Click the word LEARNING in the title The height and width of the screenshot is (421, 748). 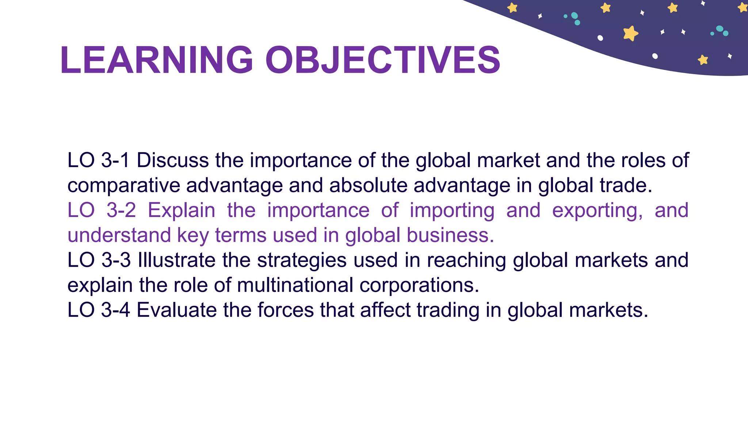156,60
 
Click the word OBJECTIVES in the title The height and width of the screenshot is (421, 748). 383,60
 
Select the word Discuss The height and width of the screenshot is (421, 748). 173,160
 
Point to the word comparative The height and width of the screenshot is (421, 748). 124,186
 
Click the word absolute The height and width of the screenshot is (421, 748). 368,185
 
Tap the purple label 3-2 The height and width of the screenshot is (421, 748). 121,210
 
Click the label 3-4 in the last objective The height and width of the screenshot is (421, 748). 115,310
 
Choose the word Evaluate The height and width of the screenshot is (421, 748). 177,310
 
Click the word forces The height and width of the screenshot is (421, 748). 286,310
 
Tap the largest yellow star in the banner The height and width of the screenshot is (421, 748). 630,33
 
